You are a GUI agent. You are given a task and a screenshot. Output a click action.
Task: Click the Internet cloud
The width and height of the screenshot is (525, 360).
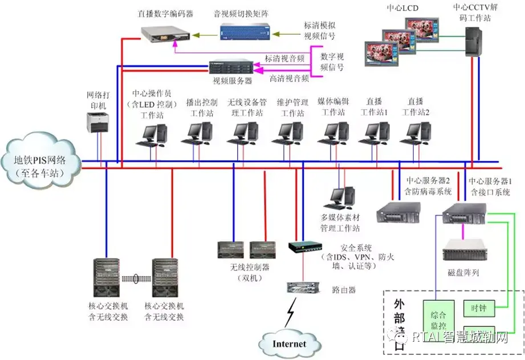(289, 343)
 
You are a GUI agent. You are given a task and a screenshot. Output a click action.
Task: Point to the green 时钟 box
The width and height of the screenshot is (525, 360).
(478, 308)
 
